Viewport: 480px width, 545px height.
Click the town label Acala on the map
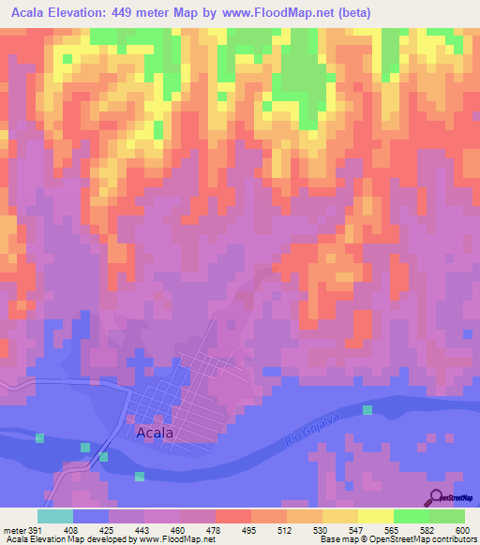click(x=157, y=433)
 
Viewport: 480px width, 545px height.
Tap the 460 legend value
click(x=180, y=528)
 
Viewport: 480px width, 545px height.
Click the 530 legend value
click(x=322, y=528)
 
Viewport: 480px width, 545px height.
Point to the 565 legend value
click(x=393, y=528)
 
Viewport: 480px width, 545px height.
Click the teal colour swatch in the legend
click(x=55, y=516)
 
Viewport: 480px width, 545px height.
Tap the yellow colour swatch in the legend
click(x=375, y=516)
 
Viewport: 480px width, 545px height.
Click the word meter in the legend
click(x=13, y=528)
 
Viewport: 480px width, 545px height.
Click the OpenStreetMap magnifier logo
click(x=436, y=497)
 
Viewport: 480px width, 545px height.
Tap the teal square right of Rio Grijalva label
click(x=367, y=410)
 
